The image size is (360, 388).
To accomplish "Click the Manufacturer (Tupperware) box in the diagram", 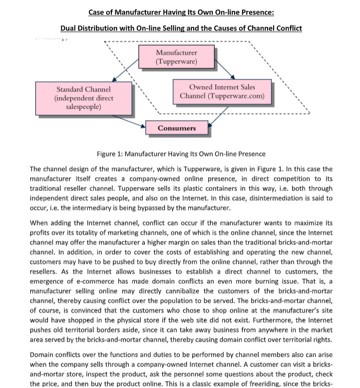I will pos(176,57).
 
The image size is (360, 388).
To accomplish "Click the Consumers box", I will pos(176,128).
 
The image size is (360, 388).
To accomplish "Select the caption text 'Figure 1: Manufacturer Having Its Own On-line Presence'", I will pos(181,154).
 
